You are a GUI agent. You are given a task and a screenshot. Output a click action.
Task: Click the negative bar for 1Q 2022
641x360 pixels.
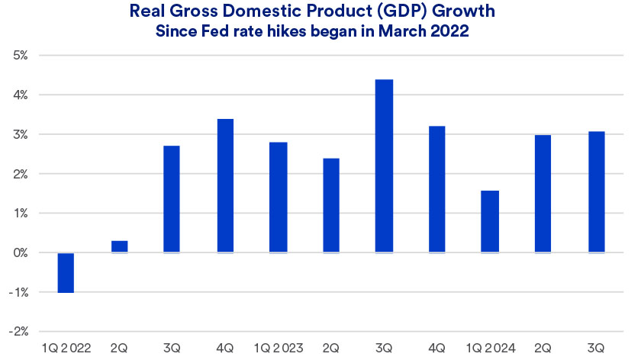66,272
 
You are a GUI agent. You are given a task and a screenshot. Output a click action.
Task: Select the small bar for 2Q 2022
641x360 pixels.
119,246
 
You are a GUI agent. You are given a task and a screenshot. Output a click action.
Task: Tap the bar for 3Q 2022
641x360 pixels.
172,199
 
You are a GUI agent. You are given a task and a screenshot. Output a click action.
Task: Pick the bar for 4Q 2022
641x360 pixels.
225,185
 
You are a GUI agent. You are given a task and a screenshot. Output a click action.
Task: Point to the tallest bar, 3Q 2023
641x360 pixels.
384,166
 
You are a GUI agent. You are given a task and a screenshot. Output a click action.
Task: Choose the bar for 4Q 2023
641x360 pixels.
437,189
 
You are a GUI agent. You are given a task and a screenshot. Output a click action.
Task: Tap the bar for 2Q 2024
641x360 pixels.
543,194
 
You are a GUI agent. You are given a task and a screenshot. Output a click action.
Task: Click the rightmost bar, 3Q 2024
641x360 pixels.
596,192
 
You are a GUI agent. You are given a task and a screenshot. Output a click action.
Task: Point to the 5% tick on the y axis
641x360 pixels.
20,56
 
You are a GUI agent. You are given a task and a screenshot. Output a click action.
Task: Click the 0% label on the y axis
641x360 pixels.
20,252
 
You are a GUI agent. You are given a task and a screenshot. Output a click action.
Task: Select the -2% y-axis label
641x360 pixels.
18,332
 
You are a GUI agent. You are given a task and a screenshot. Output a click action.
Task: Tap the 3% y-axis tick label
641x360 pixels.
20,134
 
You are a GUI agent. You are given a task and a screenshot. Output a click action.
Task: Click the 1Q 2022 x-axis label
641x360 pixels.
66,348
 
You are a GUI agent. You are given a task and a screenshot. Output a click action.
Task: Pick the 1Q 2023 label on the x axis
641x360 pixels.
278,348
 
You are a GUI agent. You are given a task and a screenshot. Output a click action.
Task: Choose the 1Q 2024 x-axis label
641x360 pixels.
490,348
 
